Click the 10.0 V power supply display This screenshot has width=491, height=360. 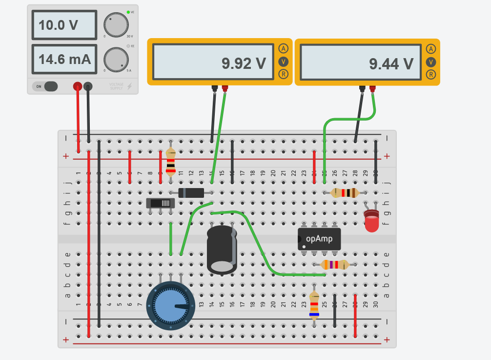click(x=64, y=25)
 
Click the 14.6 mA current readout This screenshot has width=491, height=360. click(x=64, y=60)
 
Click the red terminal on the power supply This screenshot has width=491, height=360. click(x=77, y=86)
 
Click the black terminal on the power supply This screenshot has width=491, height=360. click(x=88, y=86)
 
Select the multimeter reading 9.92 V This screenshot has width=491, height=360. click(x=213, y=62)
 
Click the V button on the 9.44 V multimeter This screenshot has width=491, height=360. click(x=430, y=62)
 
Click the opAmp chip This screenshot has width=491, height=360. click(x=319, y=239)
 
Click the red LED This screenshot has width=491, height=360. click(x=371, y=222)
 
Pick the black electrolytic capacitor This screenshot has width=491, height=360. click(x=222, y=249)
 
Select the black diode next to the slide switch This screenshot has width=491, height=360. click(x=191, y=192)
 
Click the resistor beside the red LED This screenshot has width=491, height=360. click(x=345, y=192)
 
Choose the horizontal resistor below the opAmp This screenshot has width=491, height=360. click(x=334, y=265)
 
